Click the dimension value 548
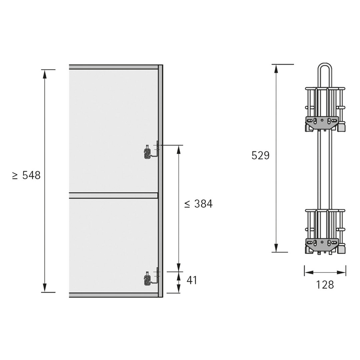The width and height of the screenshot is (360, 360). tap(31, 175)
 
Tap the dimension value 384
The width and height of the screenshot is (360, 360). tap(203, 204)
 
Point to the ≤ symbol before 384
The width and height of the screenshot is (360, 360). tap(187, 204)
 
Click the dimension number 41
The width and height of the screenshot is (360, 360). tap(192, 280)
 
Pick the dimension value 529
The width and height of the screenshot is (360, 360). tap(260, 155)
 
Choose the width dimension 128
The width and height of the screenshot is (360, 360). tap(325, 285)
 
